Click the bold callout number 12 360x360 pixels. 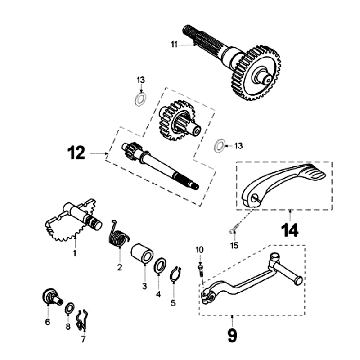tap(76, 153)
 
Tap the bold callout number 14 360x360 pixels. tap(289, 230)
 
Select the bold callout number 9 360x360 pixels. tap(232, 335)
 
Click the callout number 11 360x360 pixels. tap(174, 44)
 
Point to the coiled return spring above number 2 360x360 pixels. tap(119, 238)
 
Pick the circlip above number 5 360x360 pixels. tap(175, 275)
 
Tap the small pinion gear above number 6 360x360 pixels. tap(52, 296)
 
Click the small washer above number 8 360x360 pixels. tap(69, 308)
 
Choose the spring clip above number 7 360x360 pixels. tap(82, 321)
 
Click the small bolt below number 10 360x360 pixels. tap(200, 269)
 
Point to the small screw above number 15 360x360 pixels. tap(233, 231)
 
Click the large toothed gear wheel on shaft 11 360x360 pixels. tap(256, 73)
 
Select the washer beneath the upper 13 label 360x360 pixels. tap(141, 99)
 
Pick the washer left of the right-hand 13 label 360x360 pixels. tap(219, 146)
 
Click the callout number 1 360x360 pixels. tap(75, 253)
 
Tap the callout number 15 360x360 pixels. tap(234, 246)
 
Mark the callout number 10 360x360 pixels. tap(199, 250)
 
